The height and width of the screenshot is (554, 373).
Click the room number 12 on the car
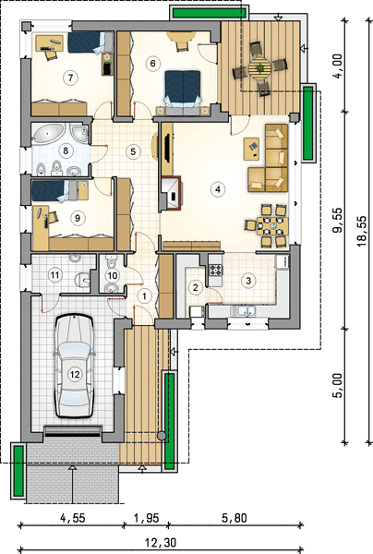75,374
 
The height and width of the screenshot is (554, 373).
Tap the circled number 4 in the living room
218,189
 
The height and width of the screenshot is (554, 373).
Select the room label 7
71,77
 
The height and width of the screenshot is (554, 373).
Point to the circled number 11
55,275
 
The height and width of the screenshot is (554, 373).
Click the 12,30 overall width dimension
161,542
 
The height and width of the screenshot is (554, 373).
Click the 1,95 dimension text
146,518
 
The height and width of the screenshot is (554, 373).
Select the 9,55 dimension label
339,221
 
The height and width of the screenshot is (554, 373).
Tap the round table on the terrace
259,67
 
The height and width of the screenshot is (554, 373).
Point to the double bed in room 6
182,88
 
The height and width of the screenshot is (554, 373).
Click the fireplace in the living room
172,193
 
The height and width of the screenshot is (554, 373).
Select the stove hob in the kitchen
216,270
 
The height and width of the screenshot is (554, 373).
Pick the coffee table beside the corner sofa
251,148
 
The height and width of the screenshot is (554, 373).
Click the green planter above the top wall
209,13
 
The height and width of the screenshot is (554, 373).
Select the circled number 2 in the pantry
196,287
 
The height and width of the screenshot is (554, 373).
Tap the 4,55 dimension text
73,518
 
